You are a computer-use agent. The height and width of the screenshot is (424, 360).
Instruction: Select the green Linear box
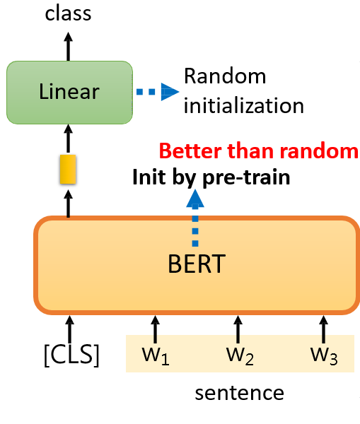point(69,91)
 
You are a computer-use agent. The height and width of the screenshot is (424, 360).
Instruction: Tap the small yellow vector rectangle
point(68,170)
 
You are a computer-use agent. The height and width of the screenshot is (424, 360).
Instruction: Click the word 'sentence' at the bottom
point(240,393)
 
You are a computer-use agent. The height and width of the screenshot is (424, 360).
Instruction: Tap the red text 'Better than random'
point(258,151)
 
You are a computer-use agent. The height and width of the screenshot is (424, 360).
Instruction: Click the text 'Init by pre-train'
point(211,176)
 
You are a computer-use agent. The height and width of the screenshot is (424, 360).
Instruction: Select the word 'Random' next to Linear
point(225,76)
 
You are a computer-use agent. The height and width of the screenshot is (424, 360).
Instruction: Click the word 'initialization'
point(243,106)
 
